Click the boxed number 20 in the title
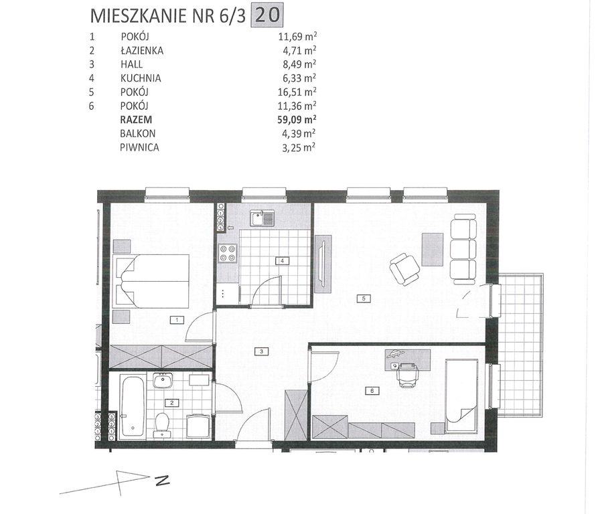267,16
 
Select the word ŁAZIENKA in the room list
142,50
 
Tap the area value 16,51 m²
297,92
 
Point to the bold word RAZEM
136,120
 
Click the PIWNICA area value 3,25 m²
299,147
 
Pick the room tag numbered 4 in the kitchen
283,261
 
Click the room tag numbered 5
364,298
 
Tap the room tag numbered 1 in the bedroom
177,320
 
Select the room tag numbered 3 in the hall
262,351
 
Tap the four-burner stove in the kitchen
228,253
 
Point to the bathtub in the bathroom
132,406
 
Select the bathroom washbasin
163,380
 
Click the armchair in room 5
404,269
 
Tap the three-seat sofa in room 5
463,248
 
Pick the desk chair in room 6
407,375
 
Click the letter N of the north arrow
162,481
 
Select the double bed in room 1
152,281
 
